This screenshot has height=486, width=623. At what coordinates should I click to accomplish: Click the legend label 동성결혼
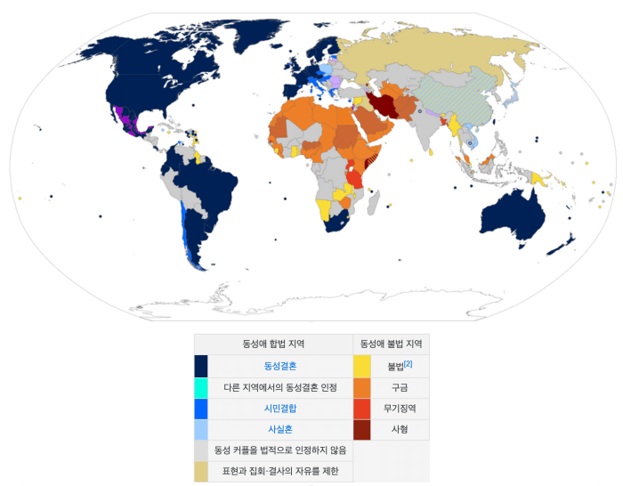point(280,366)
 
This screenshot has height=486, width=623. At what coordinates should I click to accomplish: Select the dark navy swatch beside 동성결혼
point(201,366)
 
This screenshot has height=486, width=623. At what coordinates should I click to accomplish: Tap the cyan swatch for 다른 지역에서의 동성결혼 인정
point(201,388)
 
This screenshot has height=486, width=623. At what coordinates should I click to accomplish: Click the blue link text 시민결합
point(280,409)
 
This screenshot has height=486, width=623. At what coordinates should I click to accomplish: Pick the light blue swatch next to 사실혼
point(201,430)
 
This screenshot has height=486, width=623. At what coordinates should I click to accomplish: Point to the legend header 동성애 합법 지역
point(273,344)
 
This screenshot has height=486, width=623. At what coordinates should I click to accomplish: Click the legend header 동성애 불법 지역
point(391,344)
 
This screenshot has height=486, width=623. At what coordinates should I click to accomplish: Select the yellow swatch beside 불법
point(362,366)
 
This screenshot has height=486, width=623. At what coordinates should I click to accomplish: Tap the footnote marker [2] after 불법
point(408,363)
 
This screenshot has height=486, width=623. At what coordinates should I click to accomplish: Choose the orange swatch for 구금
point(362,388)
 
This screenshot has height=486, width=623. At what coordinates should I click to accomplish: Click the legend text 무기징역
point(400,409)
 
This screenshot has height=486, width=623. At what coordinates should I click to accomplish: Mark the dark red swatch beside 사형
point(362,430)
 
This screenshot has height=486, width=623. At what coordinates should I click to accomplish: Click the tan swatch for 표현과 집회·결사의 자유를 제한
point(201,471)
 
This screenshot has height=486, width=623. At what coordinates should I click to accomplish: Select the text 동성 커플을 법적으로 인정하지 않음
point(280,450)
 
